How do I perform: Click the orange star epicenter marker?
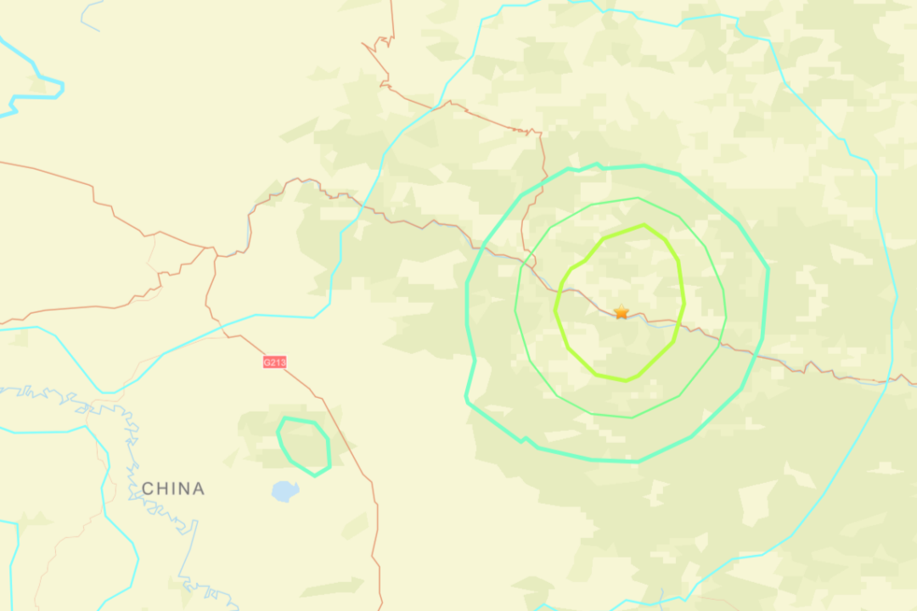622,312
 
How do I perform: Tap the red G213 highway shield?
274,362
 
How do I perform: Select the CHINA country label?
173,489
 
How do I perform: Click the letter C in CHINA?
148,489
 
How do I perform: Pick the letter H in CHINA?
162,489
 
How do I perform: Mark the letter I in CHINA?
172,489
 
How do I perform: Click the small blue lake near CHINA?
284,490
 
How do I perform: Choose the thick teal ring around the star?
767,272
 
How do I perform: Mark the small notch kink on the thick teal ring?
524,440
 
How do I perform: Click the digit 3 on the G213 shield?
283,362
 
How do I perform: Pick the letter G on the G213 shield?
267,362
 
